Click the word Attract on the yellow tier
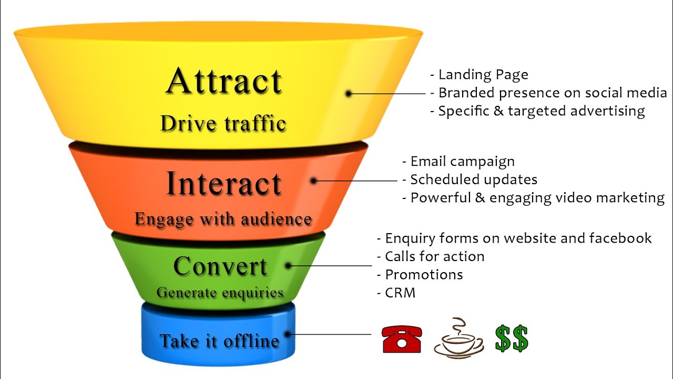(224, 82)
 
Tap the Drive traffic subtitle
(223, 124)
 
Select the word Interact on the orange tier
(223, 184)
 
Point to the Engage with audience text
(223, 219)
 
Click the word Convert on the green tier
(220, 266)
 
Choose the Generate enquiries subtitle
(220, 292)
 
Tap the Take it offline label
(219, 341)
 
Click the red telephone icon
(402, 338)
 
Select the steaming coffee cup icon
(458, 338)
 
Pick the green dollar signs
(511, 338)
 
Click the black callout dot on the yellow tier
(349, 94)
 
